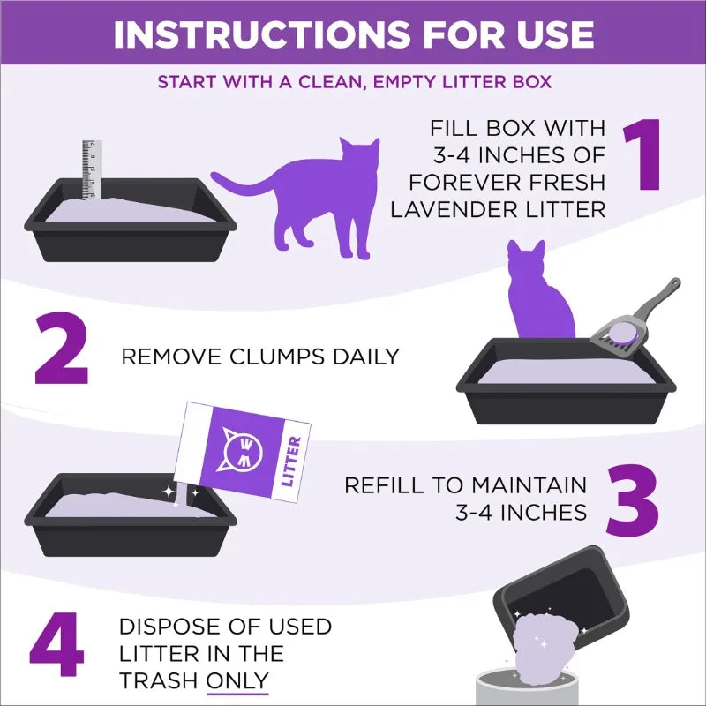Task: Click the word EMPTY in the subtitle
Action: [380, 82]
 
